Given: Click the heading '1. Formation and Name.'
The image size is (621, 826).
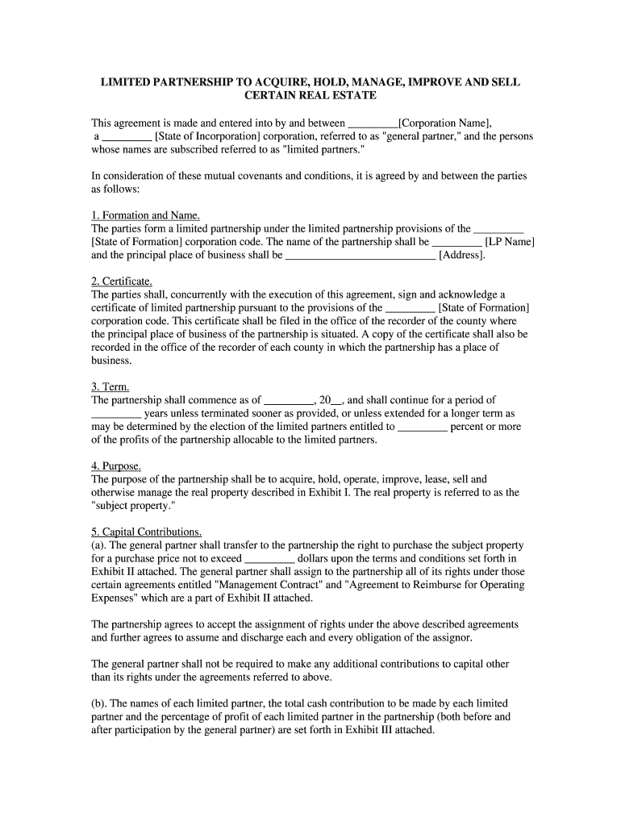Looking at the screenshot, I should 145,215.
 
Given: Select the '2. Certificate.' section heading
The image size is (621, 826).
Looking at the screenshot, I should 122,282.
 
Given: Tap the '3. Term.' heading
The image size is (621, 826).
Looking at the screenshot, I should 110,386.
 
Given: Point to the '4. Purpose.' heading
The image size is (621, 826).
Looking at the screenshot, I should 117,466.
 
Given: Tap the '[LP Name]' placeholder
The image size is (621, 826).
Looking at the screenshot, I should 510,242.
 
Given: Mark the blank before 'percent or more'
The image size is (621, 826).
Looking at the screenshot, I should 423,428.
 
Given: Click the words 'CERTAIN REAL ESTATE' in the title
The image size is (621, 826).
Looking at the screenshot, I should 310,96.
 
